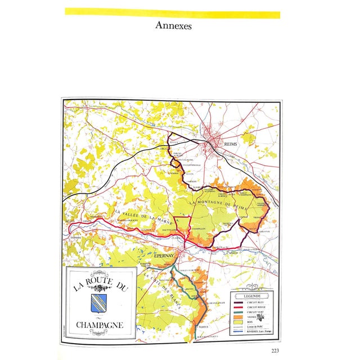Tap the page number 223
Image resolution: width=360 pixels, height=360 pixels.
(x=274, y=352)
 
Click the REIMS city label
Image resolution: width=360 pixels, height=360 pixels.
(x=231, y=144)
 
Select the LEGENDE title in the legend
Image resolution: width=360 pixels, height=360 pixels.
(x=251, y=295)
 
